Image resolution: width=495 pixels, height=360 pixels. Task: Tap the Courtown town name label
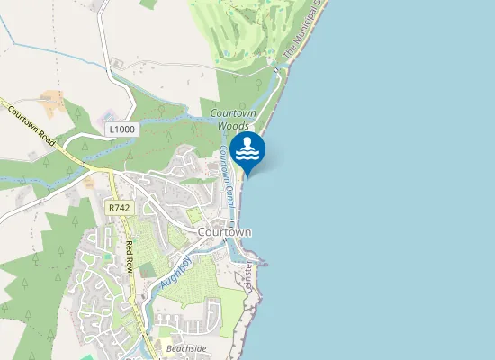[224, 231]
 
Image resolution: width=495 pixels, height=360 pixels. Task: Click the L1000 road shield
[121, 130]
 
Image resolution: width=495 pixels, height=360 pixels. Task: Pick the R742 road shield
[118, 207]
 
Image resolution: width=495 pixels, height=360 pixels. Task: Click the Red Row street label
[131, 257]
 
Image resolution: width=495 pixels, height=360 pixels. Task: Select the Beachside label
[186, 347]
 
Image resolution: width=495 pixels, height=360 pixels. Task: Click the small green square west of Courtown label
[193, 215]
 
